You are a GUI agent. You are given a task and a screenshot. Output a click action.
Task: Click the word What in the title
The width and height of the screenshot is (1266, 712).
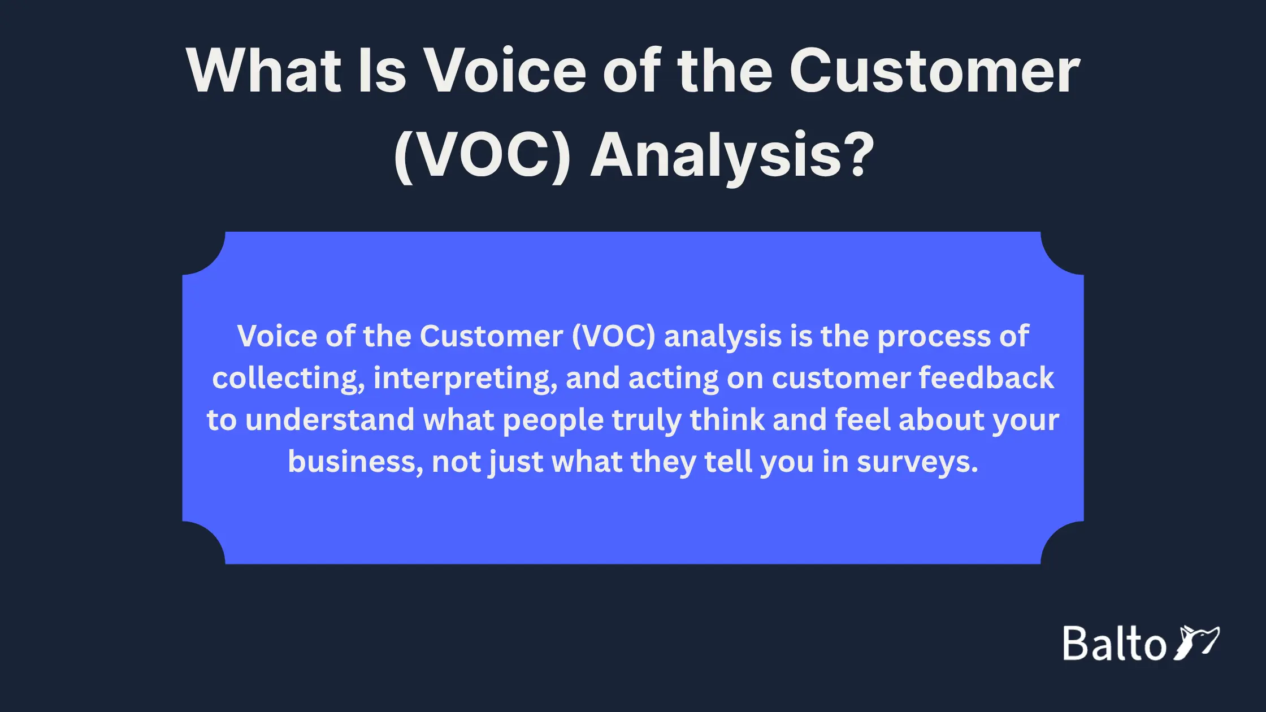click(264, 71)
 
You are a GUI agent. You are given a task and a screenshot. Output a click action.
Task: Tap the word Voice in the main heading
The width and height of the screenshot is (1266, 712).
click(505, 71)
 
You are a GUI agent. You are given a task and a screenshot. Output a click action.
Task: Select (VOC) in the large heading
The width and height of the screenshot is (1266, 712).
click(482, 155)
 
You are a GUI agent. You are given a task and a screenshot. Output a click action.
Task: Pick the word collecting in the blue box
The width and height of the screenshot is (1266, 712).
click(288, 378)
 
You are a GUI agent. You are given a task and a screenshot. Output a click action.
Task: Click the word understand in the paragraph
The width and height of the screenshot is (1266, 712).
click(330, 420)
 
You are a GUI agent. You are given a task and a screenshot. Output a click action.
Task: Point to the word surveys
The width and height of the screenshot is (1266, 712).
click(917, 463)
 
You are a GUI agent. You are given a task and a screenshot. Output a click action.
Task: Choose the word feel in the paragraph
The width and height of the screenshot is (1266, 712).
click(862, 420)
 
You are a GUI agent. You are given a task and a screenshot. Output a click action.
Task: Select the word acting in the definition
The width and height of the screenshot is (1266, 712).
click(673, 379)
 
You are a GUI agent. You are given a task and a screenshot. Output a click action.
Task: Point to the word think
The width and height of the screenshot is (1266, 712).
click(727, 420)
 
